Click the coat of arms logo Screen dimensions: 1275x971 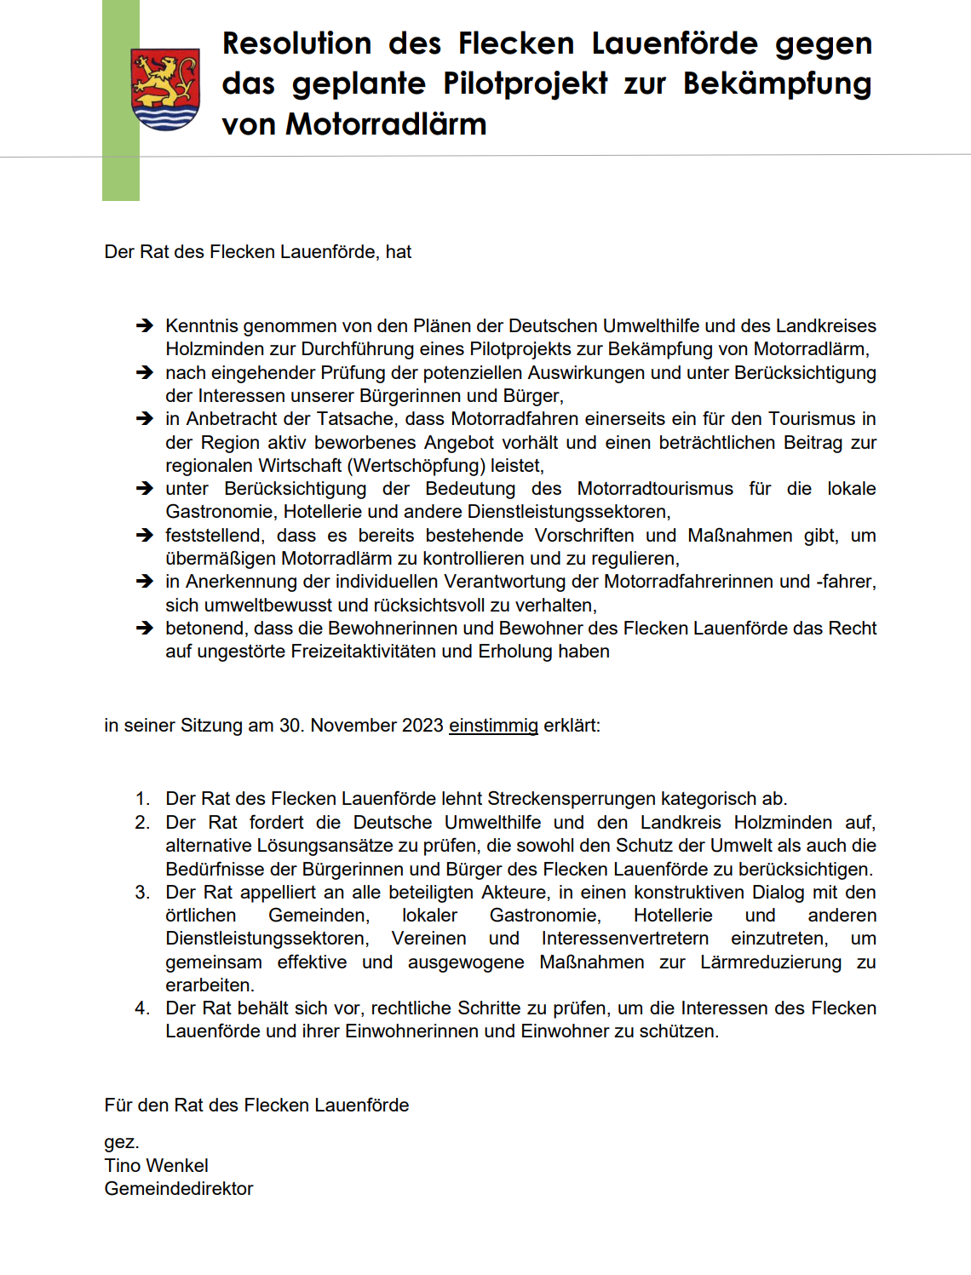pyautogui.click(x=165, y=89)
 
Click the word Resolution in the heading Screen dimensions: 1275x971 pyautogui.click(x=296, y=43)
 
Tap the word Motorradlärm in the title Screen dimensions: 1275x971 pyautogui.click(x=386, y=124)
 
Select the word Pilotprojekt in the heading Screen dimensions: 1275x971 pyautogui.click(x=525, y=83)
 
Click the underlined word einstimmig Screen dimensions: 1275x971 pyautogui.click(x=493, y=726)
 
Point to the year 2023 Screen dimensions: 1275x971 pyautogui.click(x=422, y=726)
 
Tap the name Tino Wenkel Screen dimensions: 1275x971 pyautogui.click(x=156, y=1165)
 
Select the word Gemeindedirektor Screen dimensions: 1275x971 pyautogui.click(x=179, y=1188)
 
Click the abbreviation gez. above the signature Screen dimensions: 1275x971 pyautogui.click(x=121, y=1142)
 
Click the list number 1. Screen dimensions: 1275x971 pyautogui.click(x=142, y=799)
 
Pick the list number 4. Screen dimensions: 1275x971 pyautogui.click(x=142, y=1008)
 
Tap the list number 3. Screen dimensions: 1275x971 pyautogui.click(x=142, y=893)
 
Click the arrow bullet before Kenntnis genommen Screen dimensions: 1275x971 pyautogui.click(x=145, y=325)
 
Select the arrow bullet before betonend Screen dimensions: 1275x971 pyautogui.click(x=145, y=629)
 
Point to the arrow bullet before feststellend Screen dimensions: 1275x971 pyautogui.click(x=145, y=536)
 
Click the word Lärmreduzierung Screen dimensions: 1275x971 pyautogui.click(x=771, y=962)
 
